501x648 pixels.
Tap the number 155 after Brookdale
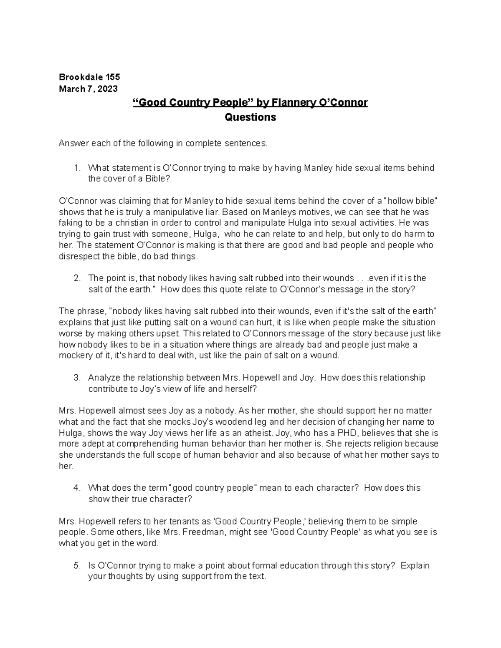click(113, 77)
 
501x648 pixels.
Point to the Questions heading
click(250, 118)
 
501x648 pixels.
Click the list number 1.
click(76, 168)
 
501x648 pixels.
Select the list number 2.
click(76, 278)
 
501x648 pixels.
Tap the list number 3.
click(76, 378)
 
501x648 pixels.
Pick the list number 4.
click(76, 488)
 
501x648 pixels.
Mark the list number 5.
click(76, 566)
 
